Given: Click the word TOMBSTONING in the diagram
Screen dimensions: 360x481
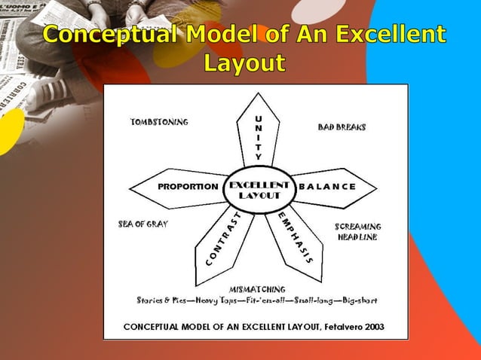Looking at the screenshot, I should tap(159, 122).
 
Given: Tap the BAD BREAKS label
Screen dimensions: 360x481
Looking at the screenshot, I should tap(342, 127).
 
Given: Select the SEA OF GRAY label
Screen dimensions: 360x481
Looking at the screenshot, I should tap(143, 224).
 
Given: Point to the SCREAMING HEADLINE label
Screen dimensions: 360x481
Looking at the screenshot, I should tap(357, 231).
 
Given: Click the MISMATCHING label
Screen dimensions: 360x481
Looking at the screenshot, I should tap(257, 288).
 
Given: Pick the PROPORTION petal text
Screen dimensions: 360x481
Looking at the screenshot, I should tap(188, 187).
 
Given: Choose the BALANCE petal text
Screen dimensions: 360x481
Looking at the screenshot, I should tap(327, 187).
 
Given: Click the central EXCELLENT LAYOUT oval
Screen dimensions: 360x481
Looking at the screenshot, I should tap(259, 189).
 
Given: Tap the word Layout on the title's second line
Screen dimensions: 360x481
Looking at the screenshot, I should tap(244, 63).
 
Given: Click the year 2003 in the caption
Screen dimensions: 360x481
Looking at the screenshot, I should tap(373, 327).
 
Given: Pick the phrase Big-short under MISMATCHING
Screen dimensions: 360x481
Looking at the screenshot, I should tap(357, 300).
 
